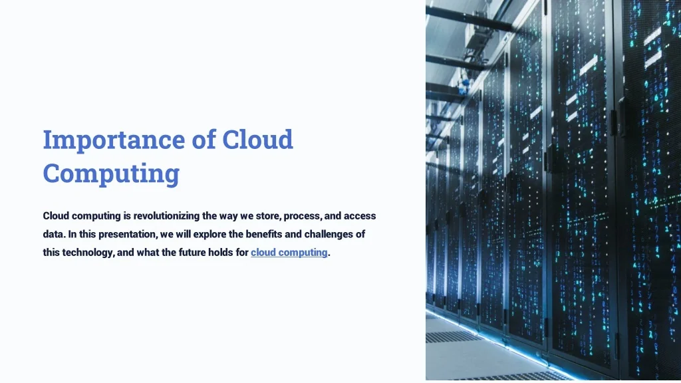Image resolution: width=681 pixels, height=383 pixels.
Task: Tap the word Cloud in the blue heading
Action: pos(257,140)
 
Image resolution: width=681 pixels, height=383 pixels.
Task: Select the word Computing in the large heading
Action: pos(111,174)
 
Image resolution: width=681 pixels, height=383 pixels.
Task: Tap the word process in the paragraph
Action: pos(303,216)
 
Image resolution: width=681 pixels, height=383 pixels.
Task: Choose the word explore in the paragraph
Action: pos(209,235)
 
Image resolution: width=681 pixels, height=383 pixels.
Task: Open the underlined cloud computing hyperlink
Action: pos(289,253)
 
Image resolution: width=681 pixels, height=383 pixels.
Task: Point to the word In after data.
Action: pos(72,235)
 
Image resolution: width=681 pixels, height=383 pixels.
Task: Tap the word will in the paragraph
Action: pos(183,235)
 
